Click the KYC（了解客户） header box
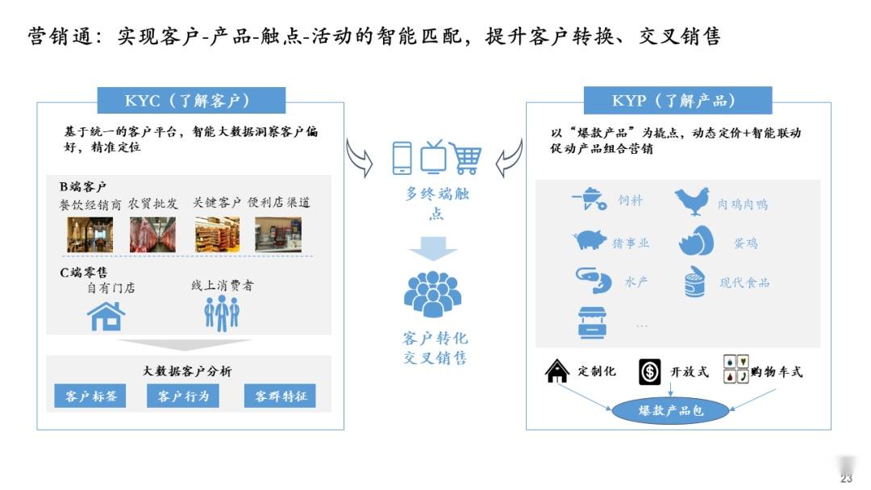191,100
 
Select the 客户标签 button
90,396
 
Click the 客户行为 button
183,396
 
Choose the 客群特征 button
280,396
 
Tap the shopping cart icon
465,158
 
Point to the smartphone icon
402,158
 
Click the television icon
432,156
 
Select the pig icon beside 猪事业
590,240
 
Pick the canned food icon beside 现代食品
694,282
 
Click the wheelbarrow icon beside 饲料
590,199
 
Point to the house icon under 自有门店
107,316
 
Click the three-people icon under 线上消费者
222,313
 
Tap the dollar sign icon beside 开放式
649,371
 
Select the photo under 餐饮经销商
90,235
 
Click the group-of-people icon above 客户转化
432,294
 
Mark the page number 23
846,478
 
